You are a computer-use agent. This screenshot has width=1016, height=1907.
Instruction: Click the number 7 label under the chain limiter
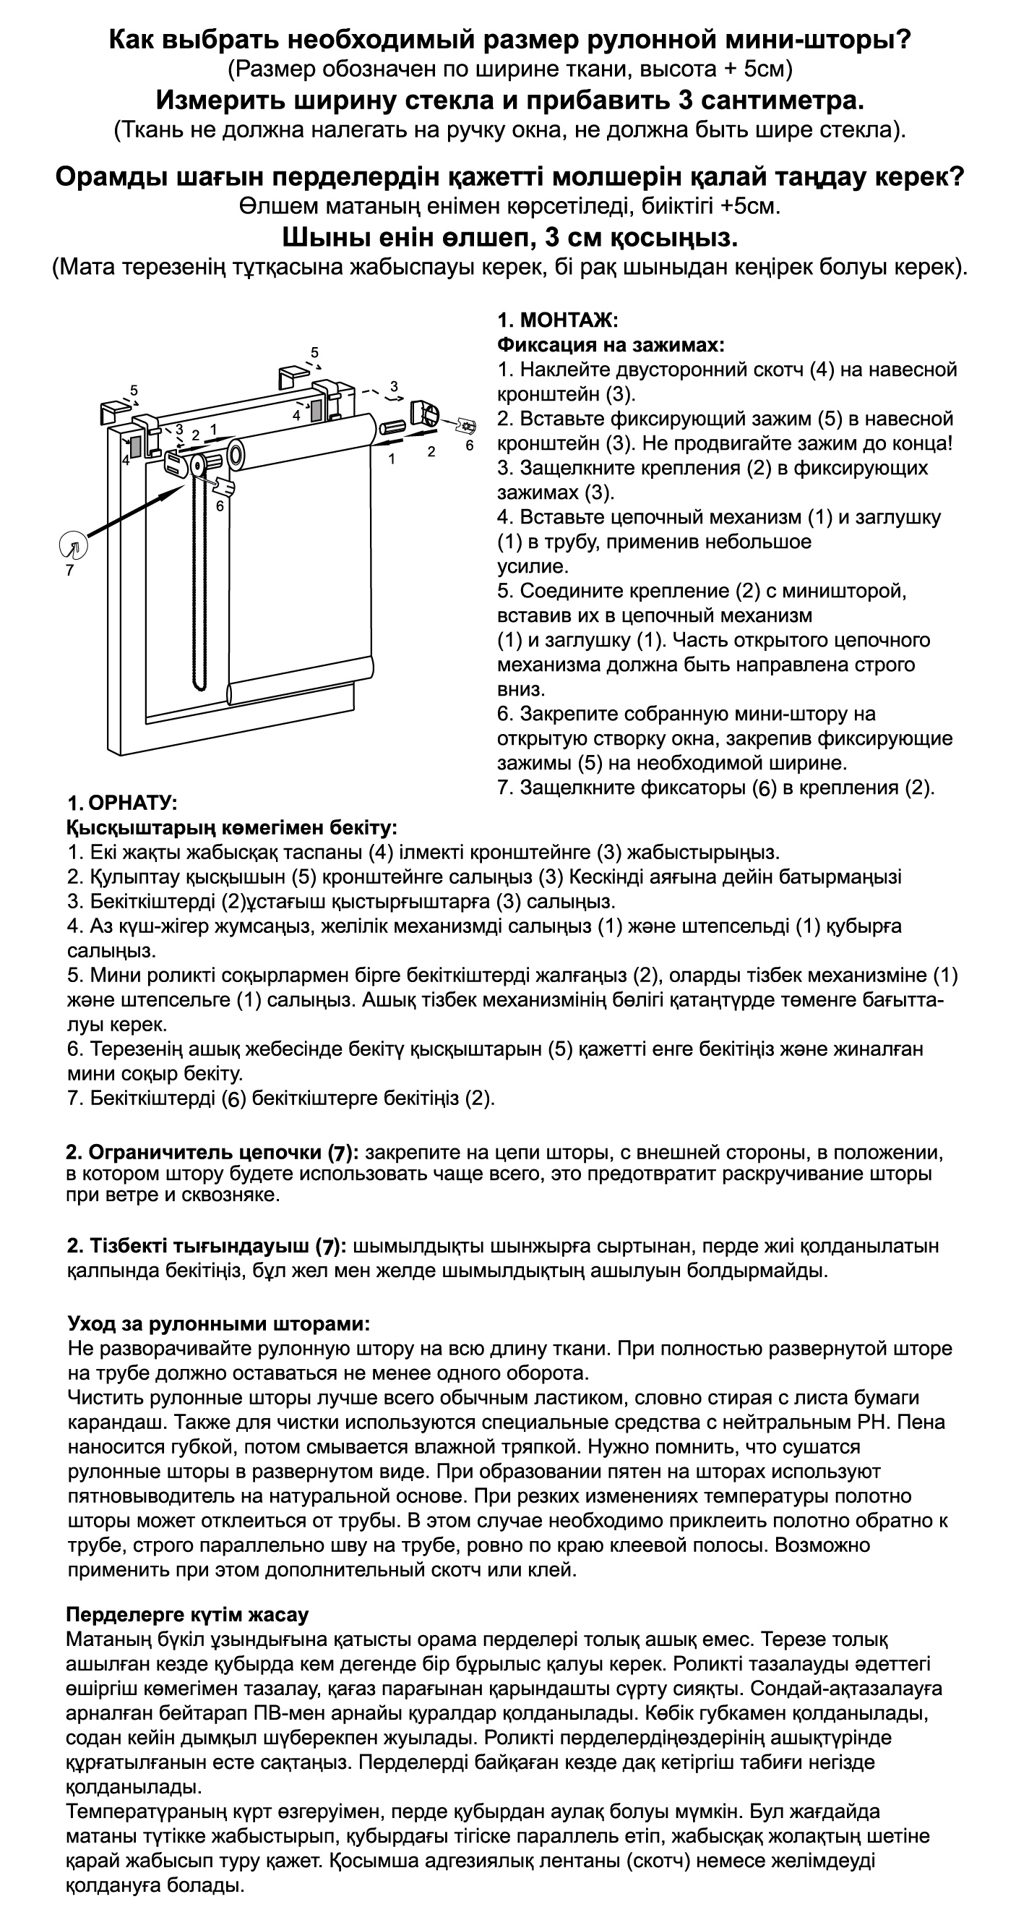[69, 571]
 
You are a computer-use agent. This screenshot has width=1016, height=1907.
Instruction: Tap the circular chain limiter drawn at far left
[73, 546]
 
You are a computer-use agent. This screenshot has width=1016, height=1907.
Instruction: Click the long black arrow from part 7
[133, 514]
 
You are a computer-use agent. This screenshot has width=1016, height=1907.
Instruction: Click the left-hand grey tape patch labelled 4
[135, 445]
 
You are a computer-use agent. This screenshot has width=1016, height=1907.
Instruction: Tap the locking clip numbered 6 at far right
[467, 427]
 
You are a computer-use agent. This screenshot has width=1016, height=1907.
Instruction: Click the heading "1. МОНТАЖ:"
[557, 320]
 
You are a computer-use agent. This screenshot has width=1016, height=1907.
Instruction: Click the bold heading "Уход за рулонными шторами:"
[218, 1323]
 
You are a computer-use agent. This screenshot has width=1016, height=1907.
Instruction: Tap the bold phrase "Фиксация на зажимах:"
[611, 345]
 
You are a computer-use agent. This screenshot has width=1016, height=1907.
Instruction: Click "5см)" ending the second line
[769, 69]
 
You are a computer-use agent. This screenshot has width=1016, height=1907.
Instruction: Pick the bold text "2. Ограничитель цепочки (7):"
[213, 1153]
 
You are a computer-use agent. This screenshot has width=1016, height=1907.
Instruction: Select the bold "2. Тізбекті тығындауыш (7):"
[207, 1246]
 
